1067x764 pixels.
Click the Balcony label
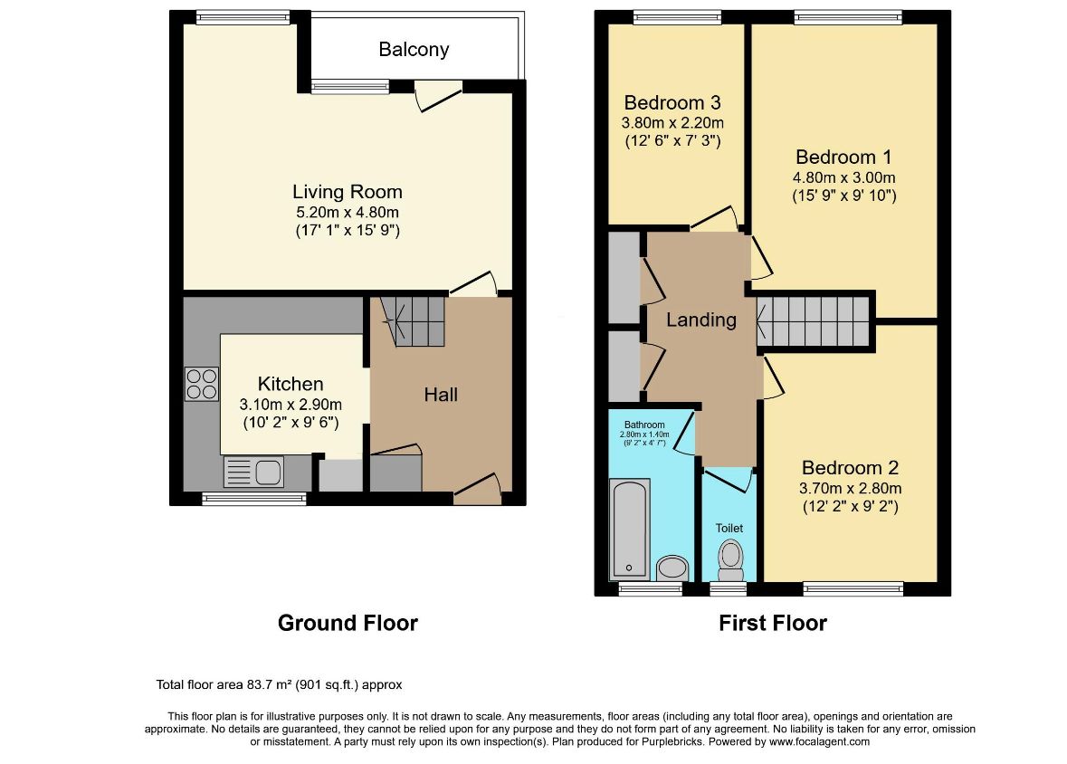(x=414, y=50)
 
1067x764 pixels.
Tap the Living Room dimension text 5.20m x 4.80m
(x=347, y=213)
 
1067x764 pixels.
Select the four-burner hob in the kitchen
(x=202, y=384)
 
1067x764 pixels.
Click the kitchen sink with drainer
(x=253, y=472)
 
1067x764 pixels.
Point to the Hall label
(x=441, y=395)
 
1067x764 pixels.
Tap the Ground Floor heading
(x=348, y=623)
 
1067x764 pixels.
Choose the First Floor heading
(x=773, y=623)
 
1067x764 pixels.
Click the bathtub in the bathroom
(x=630, y=529)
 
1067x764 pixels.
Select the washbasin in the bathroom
(x=673, y=568)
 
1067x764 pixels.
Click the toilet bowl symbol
(x=731, y=559)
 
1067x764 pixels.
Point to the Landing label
(x=700, y=320)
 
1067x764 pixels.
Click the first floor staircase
(x=814, y=321)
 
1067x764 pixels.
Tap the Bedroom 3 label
(x=672, y=103)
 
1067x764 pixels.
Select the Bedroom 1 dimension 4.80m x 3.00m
(x=843, y=177)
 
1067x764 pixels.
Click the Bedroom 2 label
(x=850, y=468)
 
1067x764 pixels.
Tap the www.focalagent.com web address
(x=819, y=741)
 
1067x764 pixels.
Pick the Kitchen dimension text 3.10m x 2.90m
(x=291, y=405)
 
